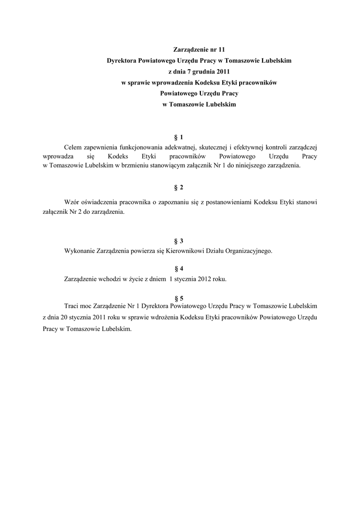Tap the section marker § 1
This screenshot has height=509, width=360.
[x=180, y=137]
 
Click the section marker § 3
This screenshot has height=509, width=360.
[x=180, y=241]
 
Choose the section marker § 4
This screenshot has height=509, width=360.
[x=180, y=268]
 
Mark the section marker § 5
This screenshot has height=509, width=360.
[x=180, y=298]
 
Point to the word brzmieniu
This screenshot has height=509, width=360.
[x=135, y=166]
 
